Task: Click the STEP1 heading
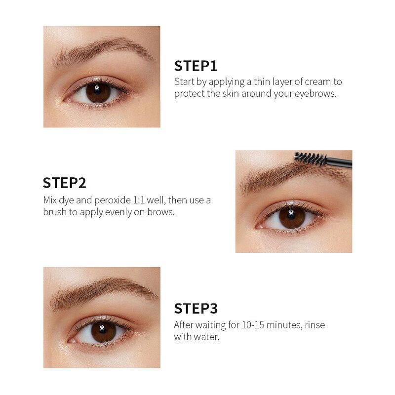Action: (196, 66)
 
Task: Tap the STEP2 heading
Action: (64, 183)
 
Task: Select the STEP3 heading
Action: (196, 309)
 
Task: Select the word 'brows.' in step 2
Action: (162, 212)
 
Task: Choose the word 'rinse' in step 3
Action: (315, 325)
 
